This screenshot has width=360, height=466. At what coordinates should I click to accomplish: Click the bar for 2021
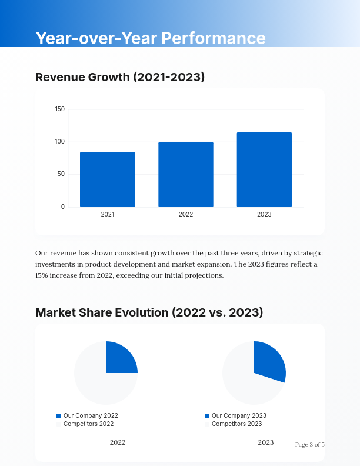[107, 179]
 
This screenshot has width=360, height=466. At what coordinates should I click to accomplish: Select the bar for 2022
[186, 175]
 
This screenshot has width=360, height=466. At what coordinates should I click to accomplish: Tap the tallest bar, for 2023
[264, 169]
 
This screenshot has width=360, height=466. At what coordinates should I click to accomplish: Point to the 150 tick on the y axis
[60, 109]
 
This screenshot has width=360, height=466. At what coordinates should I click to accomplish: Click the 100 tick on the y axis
[60, 142]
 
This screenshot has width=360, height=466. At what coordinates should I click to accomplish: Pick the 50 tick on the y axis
[61, 174]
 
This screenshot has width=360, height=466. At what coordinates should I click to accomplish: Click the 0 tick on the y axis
[63, 207]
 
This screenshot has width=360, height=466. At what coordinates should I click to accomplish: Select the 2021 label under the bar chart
[107, 215]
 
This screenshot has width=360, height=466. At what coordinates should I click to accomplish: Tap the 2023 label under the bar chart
[264, 215]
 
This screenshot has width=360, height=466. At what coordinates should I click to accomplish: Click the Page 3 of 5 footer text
[309, 445]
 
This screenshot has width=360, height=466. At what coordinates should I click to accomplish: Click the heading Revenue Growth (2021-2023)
[120, 77]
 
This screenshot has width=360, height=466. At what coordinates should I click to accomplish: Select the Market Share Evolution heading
[149, 312]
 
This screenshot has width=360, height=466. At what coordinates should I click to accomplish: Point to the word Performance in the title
[213, 38]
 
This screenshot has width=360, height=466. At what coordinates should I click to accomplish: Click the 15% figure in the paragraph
[41, 275]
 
